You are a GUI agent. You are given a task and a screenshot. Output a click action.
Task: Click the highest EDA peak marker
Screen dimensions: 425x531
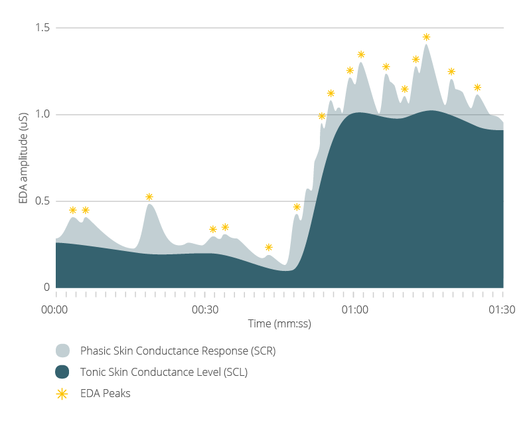pyautogui.click(x=426, y=37)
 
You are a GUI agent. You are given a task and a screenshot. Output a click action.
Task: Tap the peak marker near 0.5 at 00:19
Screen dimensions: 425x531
pyautogui.click(x=149, y=197)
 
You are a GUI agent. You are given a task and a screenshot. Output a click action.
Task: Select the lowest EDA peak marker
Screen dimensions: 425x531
pyautogui.click(x=269, y=247)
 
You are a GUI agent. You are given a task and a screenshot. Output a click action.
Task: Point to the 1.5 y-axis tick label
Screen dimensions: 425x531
pyautogui.click(x=44, y=28)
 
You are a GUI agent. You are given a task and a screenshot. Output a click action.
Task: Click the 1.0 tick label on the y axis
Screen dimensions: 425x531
pyautogui.click(x=44, y=114)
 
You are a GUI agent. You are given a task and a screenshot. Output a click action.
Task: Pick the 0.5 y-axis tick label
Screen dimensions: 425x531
pyautogui.click(x=44, y=201)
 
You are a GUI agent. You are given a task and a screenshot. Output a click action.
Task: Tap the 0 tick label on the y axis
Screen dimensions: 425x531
pyautogui.click(x=46, y=288)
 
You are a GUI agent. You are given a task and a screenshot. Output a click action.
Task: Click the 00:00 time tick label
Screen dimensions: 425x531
pyautogui.click(x=54, y=309)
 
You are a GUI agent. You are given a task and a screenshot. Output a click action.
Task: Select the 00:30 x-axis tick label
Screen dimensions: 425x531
pyautogui.click(x=205, y=309)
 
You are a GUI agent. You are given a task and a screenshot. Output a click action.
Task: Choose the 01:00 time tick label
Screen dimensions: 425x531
pyautogui.click(x=355, y=309)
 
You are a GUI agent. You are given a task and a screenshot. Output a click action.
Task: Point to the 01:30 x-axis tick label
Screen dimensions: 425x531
pyautogui.click(x=502, y=309)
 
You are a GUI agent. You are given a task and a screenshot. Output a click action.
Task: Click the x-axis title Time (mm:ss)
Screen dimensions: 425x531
pyautogui.click(x=279, y=324)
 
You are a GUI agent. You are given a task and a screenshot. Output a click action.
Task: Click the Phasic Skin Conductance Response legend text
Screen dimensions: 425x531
pyautogui.click(x=178, y=351)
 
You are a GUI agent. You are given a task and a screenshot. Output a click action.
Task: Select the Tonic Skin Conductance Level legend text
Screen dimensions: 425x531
pyautogui.click(x=164, y=372)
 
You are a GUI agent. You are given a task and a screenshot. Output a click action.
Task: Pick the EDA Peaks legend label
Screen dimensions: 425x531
pyautogui.click(x=106, y=393)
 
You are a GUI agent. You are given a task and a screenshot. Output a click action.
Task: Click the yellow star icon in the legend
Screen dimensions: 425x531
pyautogui.click(x=62, y=393)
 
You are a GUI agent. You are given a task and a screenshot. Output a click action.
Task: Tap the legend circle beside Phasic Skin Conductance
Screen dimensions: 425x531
pyautogui.click(x=62, y=351)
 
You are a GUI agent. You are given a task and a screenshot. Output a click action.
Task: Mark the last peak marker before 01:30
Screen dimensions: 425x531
pyautogui.click(x=477, y=88)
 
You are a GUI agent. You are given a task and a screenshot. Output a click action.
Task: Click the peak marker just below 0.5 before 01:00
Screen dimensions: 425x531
pyautogui.click(x=297, y=207)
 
